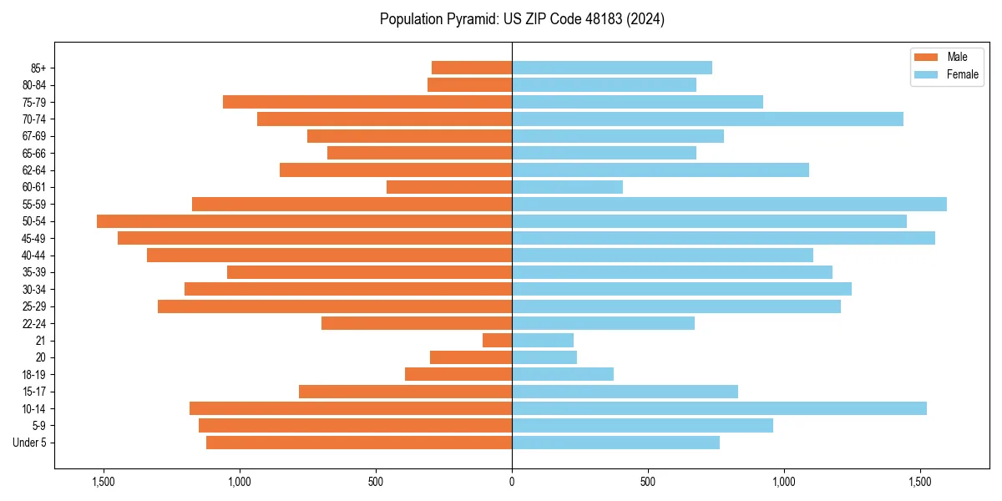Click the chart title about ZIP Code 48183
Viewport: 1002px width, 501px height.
[522, 19]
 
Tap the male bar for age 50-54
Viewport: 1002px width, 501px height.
[304, 221]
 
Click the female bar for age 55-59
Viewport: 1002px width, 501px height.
[729, 204]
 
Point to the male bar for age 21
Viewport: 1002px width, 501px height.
[497, 341]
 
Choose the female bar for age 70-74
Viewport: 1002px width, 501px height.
[707, 119]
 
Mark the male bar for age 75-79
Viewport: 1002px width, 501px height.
[367, 102]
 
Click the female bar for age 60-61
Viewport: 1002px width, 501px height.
[567, 187]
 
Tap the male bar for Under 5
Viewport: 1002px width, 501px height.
[359, 443]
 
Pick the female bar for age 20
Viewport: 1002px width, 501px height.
[544, 357]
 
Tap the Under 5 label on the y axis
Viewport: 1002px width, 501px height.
[29, 443]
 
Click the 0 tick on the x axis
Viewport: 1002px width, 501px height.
[512, 482]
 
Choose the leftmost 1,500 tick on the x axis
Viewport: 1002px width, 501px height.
[104, 482]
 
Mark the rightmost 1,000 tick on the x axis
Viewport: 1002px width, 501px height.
[784, 482]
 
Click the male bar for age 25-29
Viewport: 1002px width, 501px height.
[335, 306]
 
